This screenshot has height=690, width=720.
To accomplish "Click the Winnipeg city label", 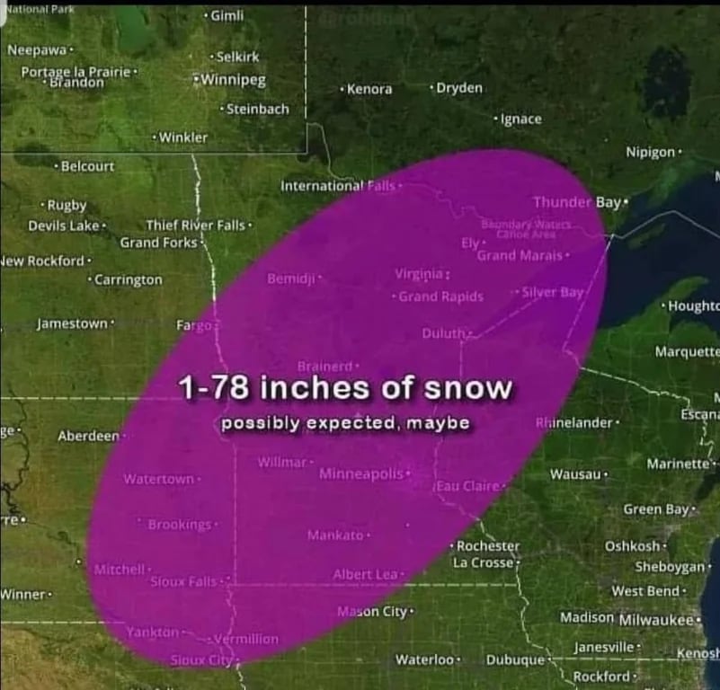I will [x=233, y=80].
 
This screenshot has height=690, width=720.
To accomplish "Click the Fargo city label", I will [x=194, y=324].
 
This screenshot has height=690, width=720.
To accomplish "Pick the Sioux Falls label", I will [x=182, y=581].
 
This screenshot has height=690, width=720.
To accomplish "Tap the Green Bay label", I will [x=655, y=509].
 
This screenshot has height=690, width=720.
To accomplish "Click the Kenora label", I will [x=369, y=89].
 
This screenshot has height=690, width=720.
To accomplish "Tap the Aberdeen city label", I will [x=88, y=436].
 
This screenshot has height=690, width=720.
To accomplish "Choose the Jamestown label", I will [x=72, y=323].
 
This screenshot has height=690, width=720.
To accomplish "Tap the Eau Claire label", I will [x=468, y=486].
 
